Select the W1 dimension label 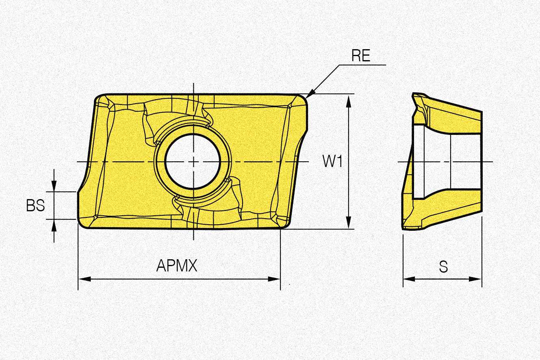pos(332,161)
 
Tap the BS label pos(35,206)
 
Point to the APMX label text pos(177,265)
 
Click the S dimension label pos(443,267)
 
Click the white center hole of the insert pos(193,161)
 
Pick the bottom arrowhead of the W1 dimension pos(348,222)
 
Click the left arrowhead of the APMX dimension pos(85,279)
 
